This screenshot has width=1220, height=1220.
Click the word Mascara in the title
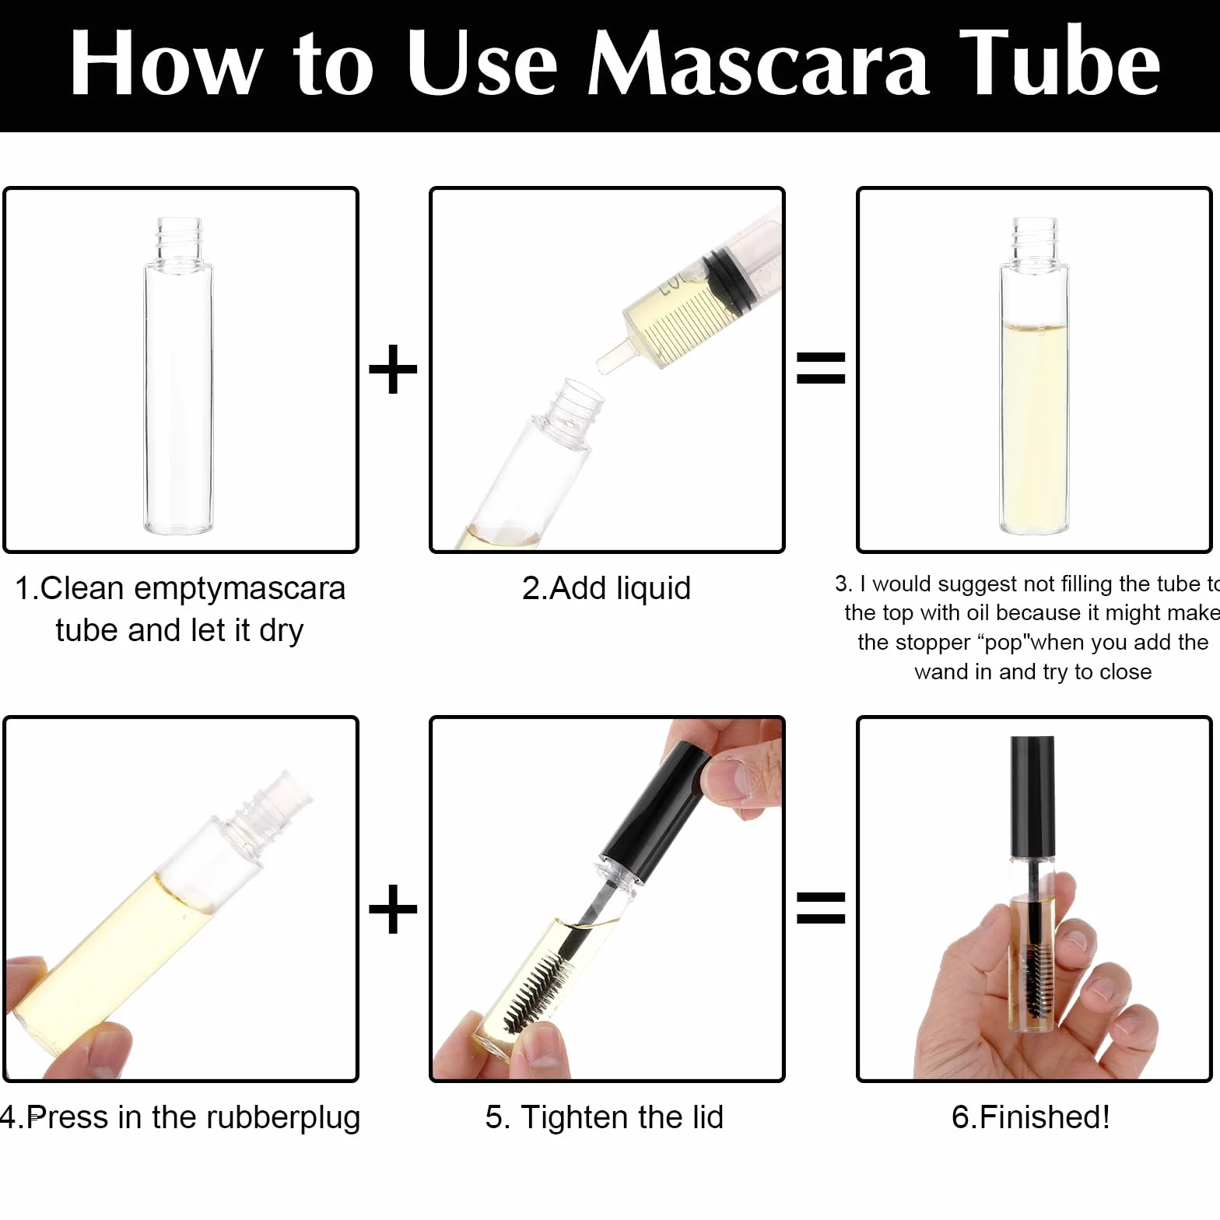pos(758,63)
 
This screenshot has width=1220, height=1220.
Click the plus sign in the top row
pos(393,369)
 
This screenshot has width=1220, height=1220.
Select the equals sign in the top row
pos(821,368)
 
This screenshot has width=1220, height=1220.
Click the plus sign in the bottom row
pos(393,908)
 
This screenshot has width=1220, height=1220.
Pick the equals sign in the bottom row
pos(821,907)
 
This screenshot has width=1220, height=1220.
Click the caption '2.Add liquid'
pos(606,588)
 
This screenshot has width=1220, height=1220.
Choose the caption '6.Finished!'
pos(1031,1117)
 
